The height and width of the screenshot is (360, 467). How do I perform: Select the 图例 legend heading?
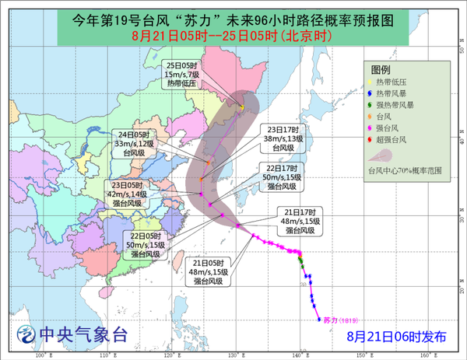[401, 69]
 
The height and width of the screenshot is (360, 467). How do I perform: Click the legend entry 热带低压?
[397, 81]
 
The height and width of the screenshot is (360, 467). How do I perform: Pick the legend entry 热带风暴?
[397, 93]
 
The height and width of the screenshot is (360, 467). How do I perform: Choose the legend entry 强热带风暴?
[399, 104]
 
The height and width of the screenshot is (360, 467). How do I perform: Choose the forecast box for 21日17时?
[300, 221]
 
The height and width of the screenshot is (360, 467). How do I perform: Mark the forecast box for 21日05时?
[209, 272]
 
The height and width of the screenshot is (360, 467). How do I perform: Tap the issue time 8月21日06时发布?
[397, 336]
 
